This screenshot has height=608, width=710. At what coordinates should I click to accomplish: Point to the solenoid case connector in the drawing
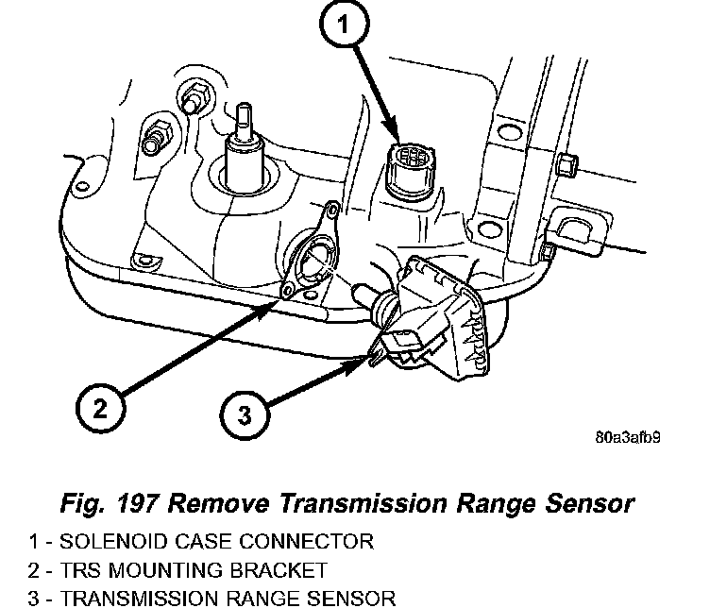[x=409, y=170]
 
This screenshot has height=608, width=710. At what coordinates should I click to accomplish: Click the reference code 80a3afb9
[x=628, y=438]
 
